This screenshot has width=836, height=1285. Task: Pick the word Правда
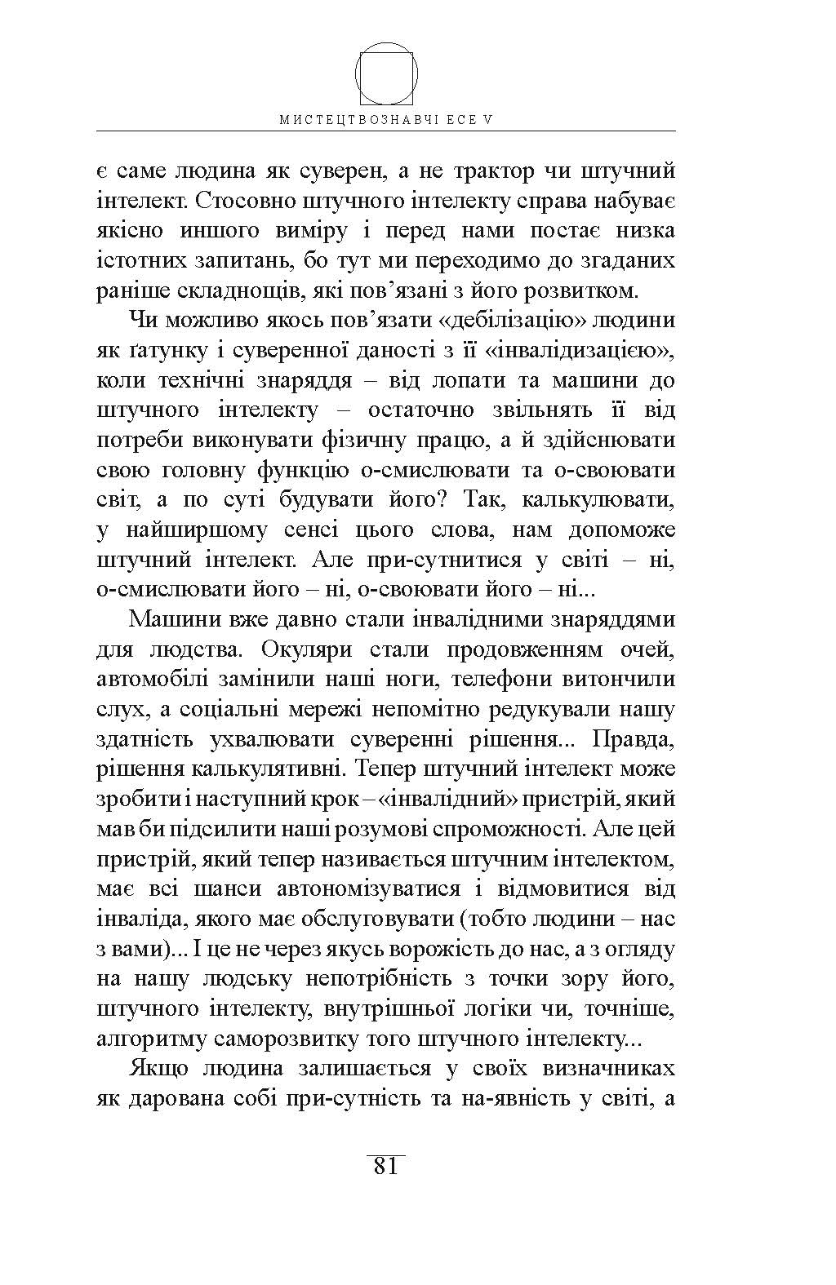[635, 739]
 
